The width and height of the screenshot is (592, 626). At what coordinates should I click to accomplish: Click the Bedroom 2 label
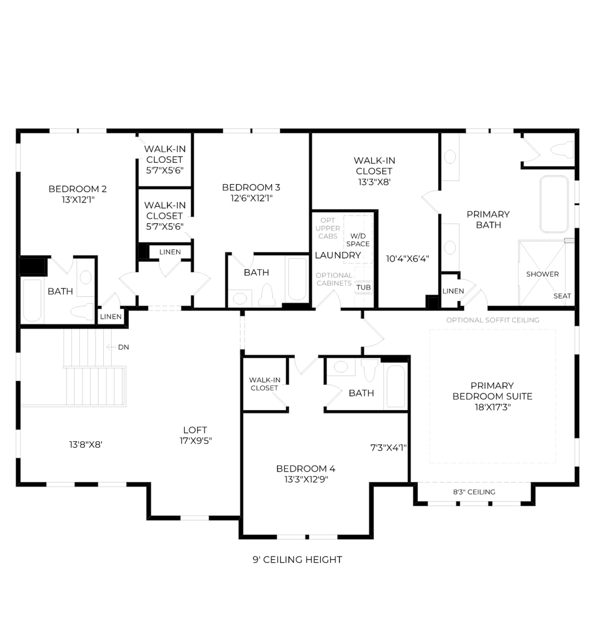pyautogui.click(x=78, y=189)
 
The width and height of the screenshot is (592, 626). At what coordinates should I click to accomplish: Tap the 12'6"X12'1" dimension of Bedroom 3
pyautogui.click(x=252, y=198)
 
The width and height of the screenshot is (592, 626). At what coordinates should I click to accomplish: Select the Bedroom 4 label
pyautogui.click(x=306, y=469)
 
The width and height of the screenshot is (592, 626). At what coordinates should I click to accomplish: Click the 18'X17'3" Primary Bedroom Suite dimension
pyautogui.click(x=493, y=407)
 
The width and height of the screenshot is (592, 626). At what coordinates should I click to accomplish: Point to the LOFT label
pyautogui.click(x=195, y=430)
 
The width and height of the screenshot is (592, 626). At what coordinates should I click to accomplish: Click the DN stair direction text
pyautogui.click(x=124, y=347)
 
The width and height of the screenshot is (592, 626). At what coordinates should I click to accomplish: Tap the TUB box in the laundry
pyautogui.click(x=363, y=287)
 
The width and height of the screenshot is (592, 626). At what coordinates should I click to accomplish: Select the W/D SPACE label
pyautogui.click(x=358, y=240)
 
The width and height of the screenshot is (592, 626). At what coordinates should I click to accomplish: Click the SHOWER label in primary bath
pyautogui.click(x=542, y=274)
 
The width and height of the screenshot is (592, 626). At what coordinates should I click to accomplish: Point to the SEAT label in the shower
pyautogui.click(x=562, y=296)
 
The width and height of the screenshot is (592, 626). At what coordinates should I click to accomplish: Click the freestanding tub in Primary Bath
pyautogui.click(x=554, y=204)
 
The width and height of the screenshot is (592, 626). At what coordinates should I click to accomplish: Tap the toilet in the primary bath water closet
pyautogui.click(x=562, y=149)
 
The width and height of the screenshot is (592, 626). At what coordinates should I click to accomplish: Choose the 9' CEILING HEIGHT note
pyautogui.click(x=297, y=559)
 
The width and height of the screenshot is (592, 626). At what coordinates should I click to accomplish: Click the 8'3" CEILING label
pyautogui.click(x=474, y=492)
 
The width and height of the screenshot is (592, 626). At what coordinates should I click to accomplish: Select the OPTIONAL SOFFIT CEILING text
pyautogui.click(x=492, y=320)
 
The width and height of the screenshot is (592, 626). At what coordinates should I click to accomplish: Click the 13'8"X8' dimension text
pyautogui.click(x=86, y=444)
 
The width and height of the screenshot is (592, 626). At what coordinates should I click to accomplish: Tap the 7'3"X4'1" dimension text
pyautogui.click(x=388, y=448)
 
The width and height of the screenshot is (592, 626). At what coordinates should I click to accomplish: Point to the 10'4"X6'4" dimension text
pyautogui.click(x=407, y=259)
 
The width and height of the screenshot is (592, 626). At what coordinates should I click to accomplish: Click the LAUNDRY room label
pyautogui.click(x=338, y=255)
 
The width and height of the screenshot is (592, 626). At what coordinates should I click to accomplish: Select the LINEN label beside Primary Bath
pyautogui.click(x=453, y=291)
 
